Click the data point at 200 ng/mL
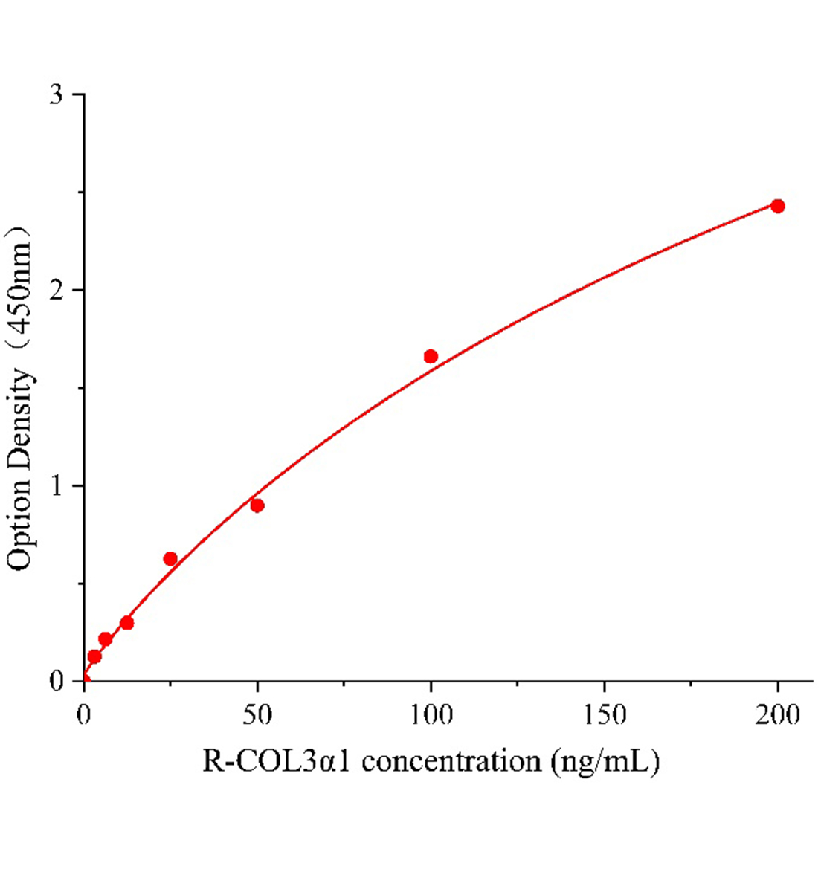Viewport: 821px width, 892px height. pos(777,206)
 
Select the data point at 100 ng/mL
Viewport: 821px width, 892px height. pos(431,356)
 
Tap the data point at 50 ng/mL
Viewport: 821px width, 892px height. pos(257,505)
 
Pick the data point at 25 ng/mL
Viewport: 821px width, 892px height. pos(170,559)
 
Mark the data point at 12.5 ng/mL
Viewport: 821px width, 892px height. pos(127,622)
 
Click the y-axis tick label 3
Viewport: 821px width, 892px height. pos(56,95)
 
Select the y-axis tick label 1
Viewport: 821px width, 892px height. pos(56,486)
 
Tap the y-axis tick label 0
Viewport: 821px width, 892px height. pos(56,681)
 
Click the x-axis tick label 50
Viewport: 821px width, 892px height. pos(257,715)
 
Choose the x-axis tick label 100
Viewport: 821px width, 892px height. pos(431,715)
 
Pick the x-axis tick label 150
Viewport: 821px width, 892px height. pos(604,715)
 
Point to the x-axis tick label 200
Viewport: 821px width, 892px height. pos(777,715)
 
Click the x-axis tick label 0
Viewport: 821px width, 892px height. pos(84,715)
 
